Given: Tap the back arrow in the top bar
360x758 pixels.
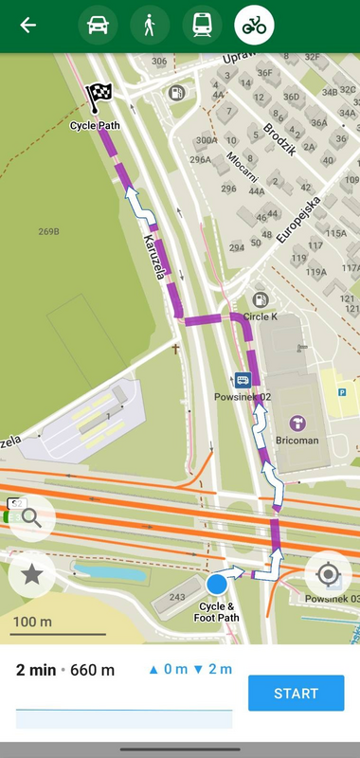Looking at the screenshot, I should [28, 26].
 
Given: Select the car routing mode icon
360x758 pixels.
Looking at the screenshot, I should [98, 26].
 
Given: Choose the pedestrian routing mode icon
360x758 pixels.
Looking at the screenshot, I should [150, 26].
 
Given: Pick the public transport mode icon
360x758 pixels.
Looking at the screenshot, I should [202, 26].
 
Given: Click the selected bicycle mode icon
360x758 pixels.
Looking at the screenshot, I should [254, 26].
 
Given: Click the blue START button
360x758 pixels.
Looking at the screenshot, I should [296, 694].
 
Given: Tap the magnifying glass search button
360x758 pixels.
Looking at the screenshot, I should [31, 517].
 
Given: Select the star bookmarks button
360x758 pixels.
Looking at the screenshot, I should [31, 573].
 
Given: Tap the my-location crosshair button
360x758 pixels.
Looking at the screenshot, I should [328, 574].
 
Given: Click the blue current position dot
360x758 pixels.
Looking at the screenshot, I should [217, 583].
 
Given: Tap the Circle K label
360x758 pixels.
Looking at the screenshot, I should [260, 316].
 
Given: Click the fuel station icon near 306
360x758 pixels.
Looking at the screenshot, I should [175, 93].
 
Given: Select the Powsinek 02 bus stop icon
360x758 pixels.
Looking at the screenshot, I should [243, 381].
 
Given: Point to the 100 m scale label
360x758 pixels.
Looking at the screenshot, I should [32, 622].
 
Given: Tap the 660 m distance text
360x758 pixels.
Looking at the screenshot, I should [93, 670].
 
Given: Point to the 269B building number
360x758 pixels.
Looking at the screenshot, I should [49, 231].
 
